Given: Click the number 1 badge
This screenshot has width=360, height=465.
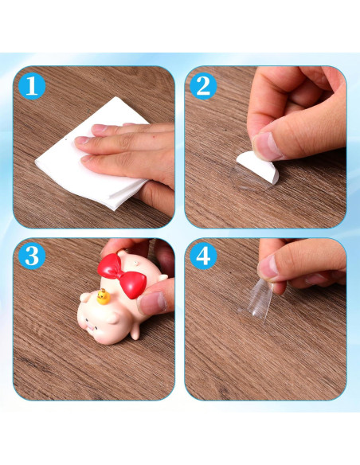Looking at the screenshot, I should pyautogui.click(x=31, y=84).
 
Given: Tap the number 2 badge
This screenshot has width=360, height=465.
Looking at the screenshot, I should pyautogui.click(x=203, y=84).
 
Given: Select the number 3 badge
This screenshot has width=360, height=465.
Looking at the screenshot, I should pyautogui.click(x=31, y=256).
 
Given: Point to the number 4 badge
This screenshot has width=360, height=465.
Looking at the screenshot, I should pyautogui.click(x=203, y=256).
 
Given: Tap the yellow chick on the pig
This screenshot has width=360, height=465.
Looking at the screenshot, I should pyautogui.click(x=103, y=299).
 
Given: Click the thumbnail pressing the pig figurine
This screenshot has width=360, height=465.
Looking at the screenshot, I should pyautogui.click(x=152, y=301).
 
